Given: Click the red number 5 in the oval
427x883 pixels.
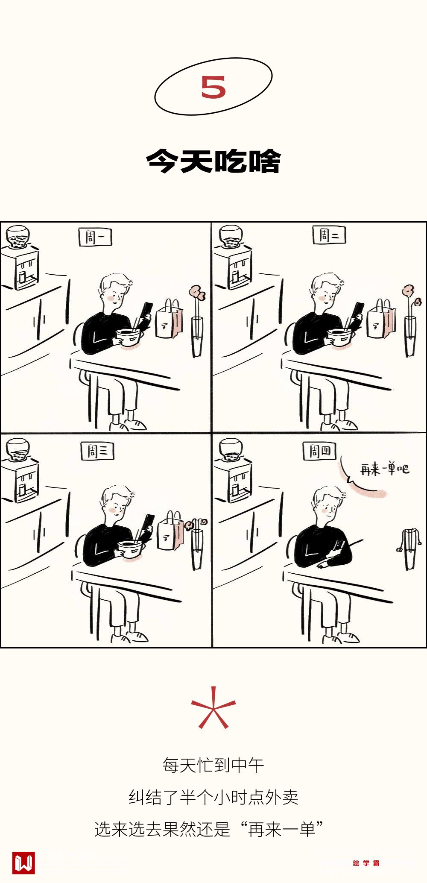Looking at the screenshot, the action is [213, 87].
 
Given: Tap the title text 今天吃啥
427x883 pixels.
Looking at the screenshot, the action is [213, 161].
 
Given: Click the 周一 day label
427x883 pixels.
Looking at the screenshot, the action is [95, 237].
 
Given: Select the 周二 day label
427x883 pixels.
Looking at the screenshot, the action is [329, 235].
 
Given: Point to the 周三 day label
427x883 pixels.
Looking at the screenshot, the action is [97, 451].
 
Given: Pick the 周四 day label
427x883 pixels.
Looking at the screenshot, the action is [320, 451].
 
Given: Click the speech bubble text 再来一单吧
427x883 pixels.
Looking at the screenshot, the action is [385, 469].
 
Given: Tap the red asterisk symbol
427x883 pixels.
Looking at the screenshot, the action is [213, 708].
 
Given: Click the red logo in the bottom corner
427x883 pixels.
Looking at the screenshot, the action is [23, 862].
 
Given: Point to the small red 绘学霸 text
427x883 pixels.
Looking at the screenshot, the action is [366, 863].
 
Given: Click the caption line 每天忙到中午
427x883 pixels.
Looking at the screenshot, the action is [213, 765].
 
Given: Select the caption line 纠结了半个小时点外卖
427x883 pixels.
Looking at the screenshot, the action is [213, 797].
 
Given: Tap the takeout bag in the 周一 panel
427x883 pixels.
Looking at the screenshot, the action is [169, 320].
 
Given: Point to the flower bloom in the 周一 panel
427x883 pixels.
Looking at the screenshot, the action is [197, 293].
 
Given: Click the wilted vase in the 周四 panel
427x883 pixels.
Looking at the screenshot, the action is [410, 549].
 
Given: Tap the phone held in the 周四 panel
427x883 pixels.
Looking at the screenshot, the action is [339, 546].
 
